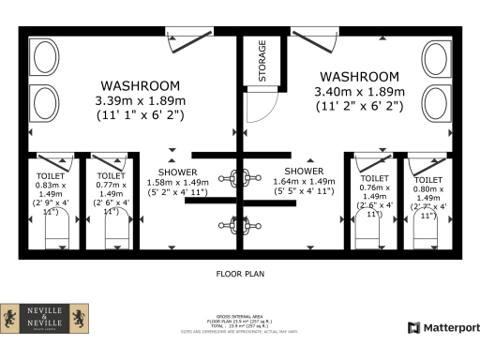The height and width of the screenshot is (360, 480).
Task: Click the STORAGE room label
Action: tap(262, 62)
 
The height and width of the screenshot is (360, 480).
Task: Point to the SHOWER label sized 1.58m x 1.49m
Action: tap(177, 172)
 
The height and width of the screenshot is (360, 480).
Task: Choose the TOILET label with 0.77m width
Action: tap(111, 175)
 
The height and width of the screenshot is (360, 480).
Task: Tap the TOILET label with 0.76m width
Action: tap(374, 177)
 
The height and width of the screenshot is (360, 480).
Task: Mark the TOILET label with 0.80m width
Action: tap(427, 178)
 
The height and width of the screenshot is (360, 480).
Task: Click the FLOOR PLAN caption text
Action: tap(239, 276)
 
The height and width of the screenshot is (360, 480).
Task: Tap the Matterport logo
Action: tap(442, 327)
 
